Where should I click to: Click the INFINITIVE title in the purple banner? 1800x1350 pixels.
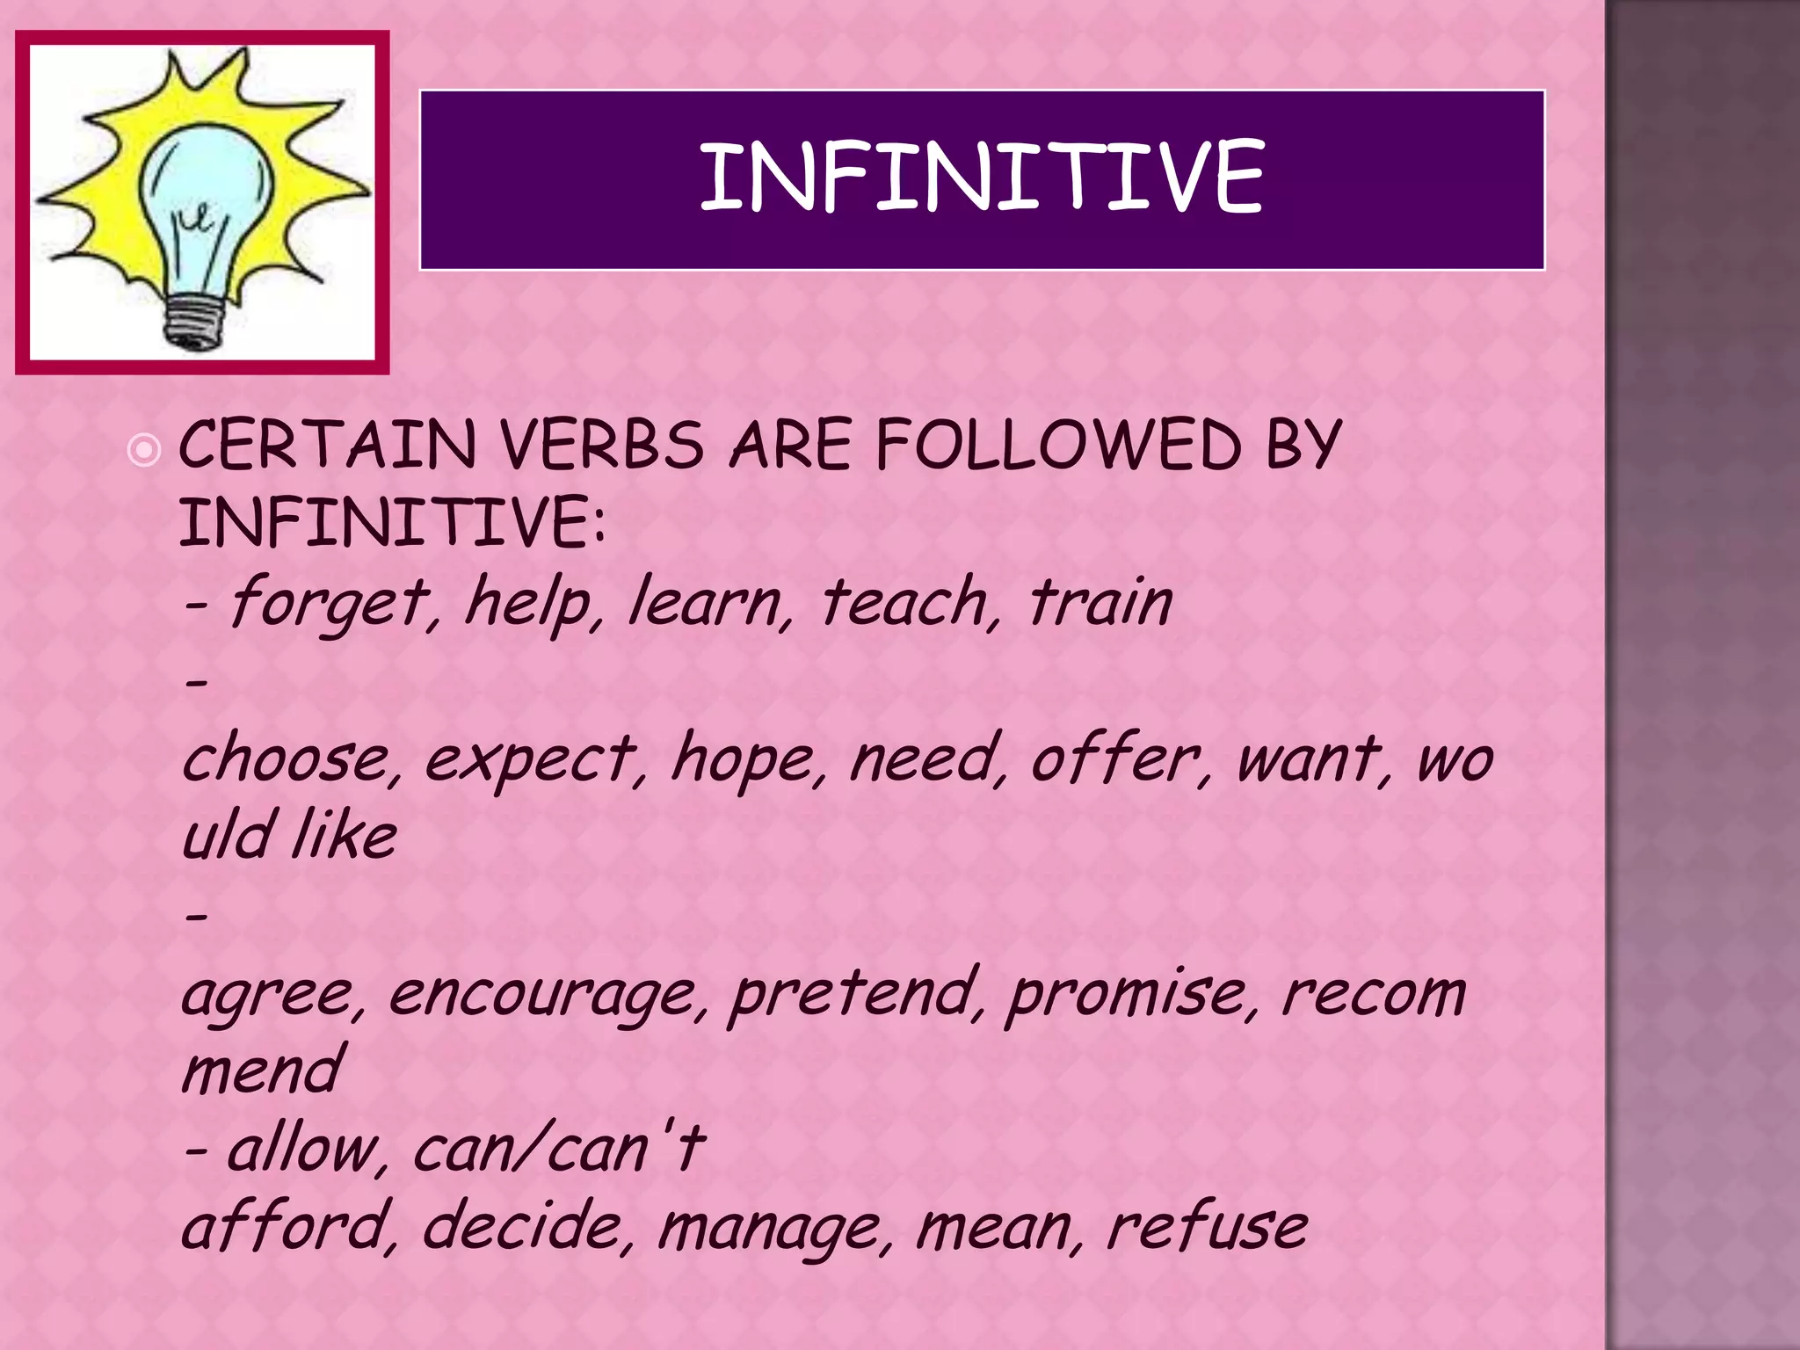pos(982,178)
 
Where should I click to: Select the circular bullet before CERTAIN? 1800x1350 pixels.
pos(144,451)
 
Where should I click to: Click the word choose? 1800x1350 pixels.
pos(287,759)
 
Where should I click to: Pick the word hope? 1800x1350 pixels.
pos(744,759)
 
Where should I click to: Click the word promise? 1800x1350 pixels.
pos(1127,996)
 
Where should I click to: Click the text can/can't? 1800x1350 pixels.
pos(557,1150)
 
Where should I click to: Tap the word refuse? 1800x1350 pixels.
pos(1206,1227)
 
